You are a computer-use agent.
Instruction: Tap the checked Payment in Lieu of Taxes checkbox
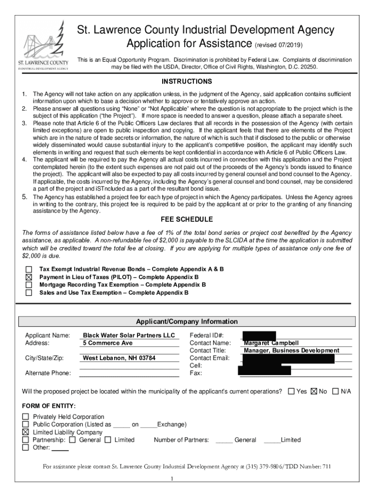tap(29, 277)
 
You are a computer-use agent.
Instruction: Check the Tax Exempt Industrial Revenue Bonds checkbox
tap(29, 269)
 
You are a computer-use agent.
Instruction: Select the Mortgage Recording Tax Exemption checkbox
tap(29, 285)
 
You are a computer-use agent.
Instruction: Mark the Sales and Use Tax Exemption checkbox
tap(29, 293)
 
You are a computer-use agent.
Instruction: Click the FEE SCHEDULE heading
tap(187, 219)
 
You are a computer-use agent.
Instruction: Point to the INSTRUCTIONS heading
tap(187, 82)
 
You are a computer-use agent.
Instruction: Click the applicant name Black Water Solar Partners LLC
tap(129, 335)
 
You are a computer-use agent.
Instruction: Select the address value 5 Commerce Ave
tap(108, 343)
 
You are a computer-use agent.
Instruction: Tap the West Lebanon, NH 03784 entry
tap(119, 359)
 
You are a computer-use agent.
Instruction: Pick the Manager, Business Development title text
tap(291, 350)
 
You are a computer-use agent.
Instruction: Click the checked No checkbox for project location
tap(314, 391)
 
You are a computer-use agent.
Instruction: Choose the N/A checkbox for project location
tap(335, 391)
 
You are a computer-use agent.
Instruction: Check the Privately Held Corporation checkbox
tap(26, 417)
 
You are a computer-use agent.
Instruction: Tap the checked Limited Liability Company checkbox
tap(26, 432)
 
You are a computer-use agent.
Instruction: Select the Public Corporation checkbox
tap(26, 425)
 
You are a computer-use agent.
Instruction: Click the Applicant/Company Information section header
tap(187, 322)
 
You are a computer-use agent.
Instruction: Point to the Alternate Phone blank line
tap(129, 373)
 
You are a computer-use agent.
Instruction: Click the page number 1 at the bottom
tap(172, 480)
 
